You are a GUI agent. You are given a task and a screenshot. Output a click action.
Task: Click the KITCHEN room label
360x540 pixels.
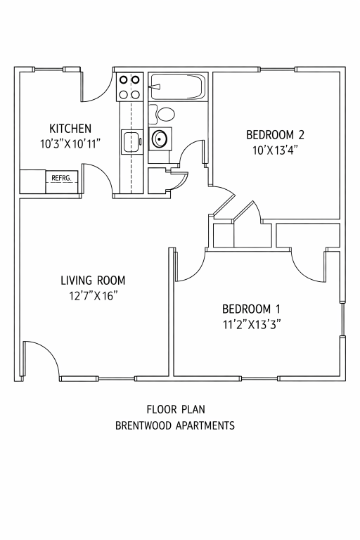coord(70,129)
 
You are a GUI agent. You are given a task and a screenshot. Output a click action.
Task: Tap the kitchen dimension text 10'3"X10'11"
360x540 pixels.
coord(70,143)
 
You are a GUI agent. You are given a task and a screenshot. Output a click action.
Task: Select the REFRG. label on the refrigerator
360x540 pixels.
coord(61,178)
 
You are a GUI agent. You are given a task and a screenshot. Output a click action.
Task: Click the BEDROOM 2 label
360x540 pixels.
coord(275,135)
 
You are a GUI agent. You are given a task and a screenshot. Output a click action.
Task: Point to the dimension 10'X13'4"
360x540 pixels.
coord(275,150)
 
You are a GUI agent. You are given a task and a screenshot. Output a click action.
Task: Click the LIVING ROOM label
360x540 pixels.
coord(93,281)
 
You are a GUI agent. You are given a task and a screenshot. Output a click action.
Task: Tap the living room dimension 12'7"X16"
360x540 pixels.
coord(93,296)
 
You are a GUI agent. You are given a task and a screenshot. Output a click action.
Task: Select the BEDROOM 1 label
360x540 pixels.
coord(251,309)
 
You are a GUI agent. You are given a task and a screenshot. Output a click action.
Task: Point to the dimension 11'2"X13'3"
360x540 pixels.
coord(251,324)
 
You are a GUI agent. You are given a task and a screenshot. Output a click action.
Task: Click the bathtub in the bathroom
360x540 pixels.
coord(177,86)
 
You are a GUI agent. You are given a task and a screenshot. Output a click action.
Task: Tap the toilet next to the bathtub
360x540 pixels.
coord(162,115)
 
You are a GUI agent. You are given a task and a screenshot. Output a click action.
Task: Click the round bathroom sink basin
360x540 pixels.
coord(160,139)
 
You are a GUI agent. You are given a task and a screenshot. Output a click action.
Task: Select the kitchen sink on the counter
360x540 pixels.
coord(132,141)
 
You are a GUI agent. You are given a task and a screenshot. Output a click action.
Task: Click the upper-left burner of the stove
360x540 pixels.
coord(124,80)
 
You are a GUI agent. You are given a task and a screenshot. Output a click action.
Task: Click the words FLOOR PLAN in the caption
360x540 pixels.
coord(176,409)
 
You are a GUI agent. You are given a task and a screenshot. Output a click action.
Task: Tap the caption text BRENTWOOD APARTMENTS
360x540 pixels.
coord(175,425)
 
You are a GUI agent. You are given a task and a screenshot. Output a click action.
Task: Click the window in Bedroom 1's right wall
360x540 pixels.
coord(342,319)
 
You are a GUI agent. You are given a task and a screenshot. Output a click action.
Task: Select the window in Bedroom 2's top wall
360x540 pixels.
coord(277,70)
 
